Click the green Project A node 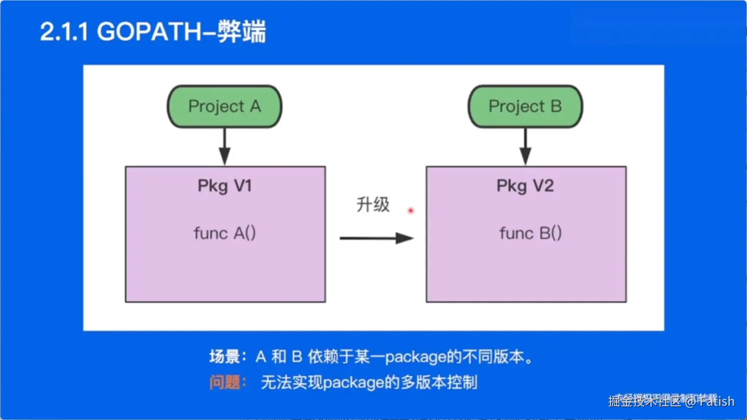pos(224,106)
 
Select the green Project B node pos(525,106)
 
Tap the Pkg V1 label pos(225,186)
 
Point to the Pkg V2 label pos(525,186)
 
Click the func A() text pos(225,233)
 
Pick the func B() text pos(530,233)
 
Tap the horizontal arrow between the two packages pos(376,238)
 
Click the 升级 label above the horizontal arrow pos(373,204)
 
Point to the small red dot pos(411,210)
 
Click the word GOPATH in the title pos(149,32)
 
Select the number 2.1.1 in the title pos(64,32)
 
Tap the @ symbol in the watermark pos(691,402)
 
